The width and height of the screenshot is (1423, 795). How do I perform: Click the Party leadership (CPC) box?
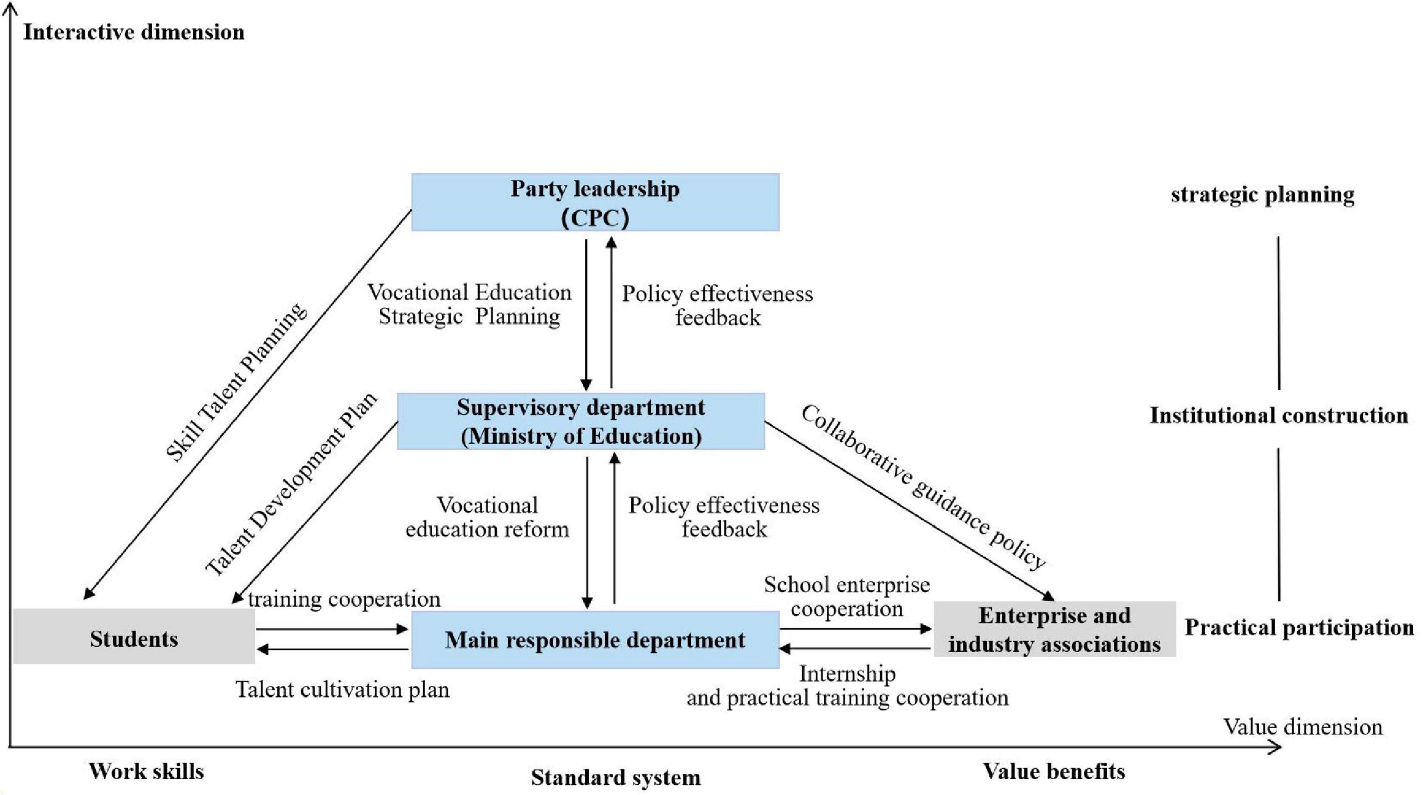coord(595,202)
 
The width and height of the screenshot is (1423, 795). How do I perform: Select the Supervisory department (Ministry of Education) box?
coord(581,422)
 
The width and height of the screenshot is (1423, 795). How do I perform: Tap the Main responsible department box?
coord(595,640)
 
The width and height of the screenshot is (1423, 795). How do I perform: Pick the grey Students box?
coord(134,636)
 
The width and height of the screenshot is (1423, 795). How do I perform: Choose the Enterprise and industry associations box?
coord(1054,629)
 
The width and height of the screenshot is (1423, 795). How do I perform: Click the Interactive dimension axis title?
coord(134,32)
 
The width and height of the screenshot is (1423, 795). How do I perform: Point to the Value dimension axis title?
coord(1302,727)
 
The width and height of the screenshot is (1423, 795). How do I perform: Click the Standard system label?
coord(615,777)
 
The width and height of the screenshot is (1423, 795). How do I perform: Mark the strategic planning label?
coord(1262,194)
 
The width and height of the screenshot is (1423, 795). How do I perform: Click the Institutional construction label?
coord(1279,415)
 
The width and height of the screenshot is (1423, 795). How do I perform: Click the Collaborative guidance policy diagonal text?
coord(923,486)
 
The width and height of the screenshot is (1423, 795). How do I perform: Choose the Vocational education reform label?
coord(487,517)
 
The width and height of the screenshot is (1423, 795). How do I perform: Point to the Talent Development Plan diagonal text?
coord(291,484)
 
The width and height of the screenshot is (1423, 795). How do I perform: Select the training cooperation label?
coord(344,599)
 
